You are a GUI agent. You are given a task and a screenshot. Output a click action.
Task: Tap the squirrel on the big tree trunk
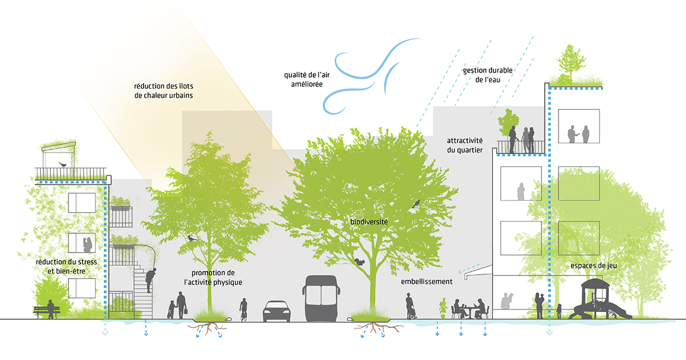(360, 261)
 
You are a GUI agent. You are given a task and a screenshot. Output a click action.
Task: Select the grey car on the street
(277, 311)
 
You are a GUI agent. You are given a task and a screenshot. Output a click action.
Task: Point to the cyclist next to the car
(244, 309)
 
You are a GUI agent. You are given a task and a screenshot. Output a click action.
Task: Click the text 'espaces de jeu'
(593, 266)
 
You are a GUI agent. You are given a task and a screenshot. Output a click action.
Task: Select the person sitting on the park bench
(51, 309)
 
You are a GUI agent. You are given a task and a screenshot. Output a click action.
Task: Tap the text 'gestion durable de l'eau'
(488, 75)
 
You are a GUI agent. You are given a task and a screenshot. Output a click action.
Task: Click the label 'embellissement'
(426, 282)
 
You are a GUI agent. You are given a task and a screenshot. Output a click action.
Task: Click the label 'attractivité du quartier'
(465, 145)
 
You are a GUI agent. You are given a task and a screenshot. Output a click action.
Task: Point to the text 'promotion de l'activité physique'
(213, 278)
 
